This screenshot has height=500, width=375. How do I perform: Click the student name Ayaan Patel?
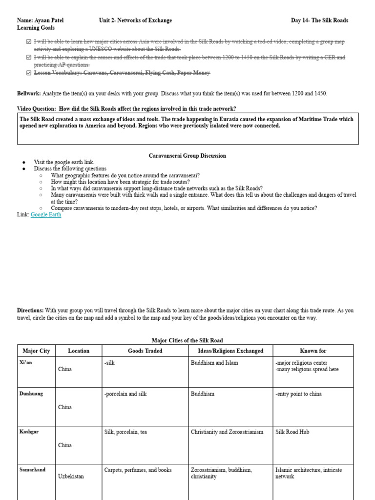coord(48,21)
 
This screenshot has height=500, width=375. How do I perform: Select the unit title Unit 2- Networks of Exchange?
coord(135,21)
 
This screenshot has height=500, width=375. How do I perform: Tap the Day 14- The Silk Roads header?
coord(319,21)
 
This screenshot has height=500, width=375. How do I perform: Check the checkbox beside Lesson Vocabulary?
coord(29,73)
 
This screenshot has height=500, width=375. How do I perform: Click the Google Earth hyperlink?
coord(46,214)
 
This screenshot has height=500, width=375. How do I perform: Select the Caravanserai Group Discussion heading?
coord(187,156)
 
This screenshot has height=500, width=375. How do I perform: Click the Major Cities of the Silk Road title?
coord(187,340)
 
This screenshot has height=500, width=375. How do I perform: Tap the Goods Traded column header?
coord(145,351)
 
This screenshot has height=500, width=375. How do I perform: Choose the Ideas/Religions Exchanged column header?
coord(230,351)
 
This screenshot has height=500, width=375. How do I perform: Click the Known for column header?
coord(313,351)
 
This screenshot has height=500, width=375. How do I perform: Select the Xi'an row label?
coord(26,363)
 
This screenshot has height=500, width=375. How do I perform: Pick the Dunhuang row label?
coord(31,394)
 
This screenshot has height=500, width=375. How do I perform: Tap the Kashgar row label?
coord(28,432)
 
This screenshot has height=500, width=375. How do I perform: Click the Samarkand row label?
coord(32,470)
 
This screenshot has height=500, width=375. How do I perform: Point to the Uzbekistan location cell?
coord(71,476)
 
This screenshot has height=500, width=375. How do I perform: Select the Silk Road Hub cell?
coord(292,432)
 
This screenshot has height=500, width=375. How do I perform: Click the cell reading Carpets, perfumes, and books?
coord(138,470)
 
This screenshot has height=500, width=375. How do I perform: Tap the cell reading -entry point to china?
coord(298,394)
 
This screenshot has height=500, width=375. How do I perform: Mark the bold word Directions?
coord(30,310)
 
